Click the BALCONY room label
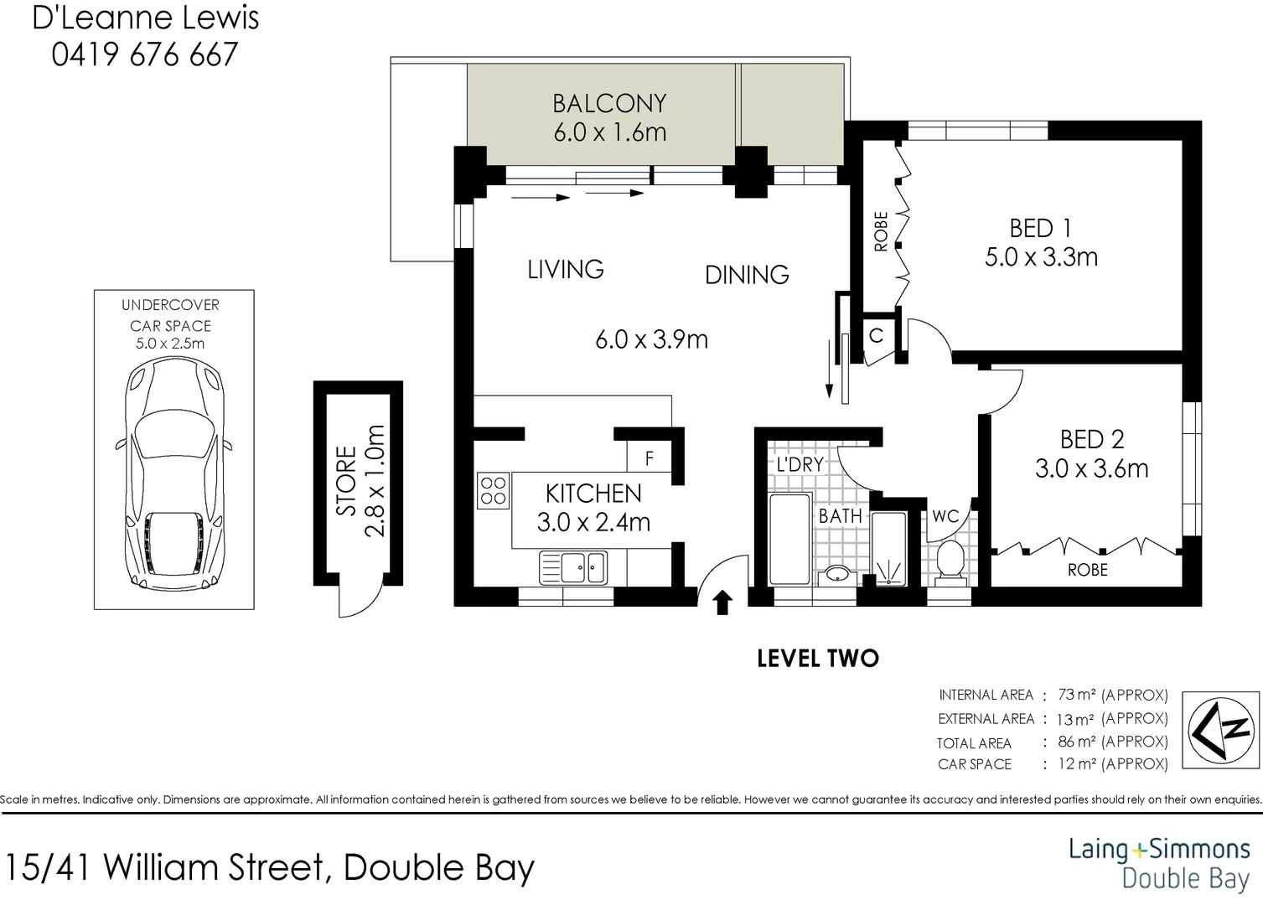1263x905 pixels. pyautogui.click(x=609, y=104)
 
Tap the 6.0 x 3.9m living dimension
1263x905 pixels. pyautogui.click(x=651, y=339)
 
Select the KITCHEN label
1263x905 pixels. pyautogui.click(x=593, y=494)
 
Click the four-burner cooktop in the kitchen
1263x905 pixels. pyautogui.click(x=494, y=491)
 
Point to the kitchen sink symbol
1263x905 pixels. pyautogui.click(x=573, y=567)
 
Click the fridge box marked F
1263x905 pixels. pyautogui.click(x=649, y=459)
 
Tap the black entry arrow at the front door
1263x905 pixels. pyautogui.click(x=722, y=602)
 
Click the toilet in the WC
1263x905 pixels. pyautogui.click(x=950, y=560)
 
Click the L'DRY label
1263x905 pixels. pyautogui.click(x=800, y=464)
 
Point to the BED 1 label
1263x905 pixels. pyautogui.click(x=1040, y=229)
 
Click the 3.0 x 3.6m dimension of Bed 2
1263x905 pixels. pyautogui.click(x=1091, y=468)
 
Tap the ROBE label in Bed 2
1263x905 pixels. pyautogui.click(x=1087, y=570)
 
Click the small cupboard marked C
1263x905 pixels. pyautogui.click(x=876, y=337)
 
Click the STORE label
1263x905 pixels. pyautogui.click(x=347, y=481)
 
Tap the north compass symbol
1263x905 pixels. pyautogui.click(x=1220, y=730)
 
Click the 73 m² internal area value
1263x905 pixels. pyautogui.click(x=1077, y=695)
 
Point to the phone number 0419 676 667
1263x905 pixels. pyautogui.click(x=145, y=55)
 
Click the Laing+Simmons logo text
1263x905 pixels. pyautogui.click(x=1159, y=850)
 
